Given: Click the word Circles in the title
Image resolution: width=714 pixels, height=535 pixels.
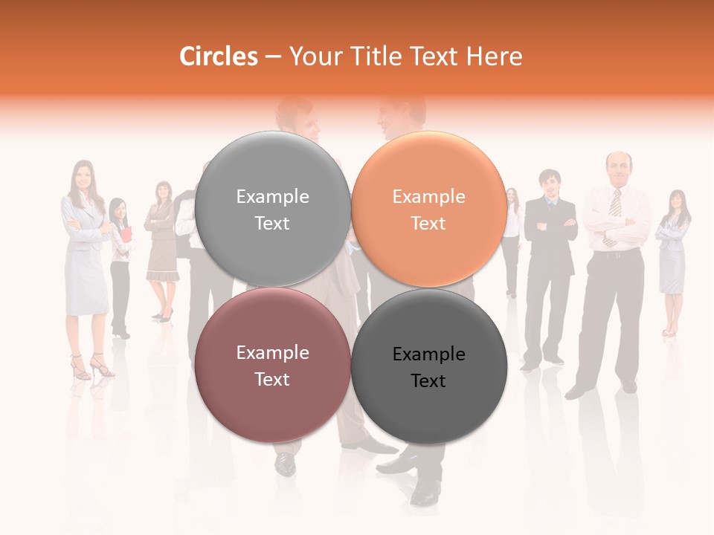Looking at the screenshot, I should click(x=218, y=56).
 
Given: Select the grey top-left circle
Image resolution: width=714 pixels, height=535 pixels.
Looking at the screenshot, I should click(x=272, y=209).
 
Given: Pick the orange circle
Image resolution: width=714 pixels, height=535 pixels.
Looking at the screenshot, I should click(x=428, y=209).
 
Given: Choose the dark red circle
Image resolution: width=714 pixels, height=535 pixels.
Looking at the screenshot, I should click(x=272, y=365).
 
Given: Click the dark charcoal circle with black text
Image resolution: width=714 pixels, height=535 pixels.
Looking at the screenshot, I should click(x=428, y=366).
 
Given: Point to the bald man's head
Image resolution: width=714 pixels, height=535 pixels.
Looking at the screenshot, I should click(x=617, y=167).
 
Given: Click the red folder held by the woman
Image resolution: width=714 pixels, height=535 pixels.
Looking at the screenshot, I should click(x=126, y=236).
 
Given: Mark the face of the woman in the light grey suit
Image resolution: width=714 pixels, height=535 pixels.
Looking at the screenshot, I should click(x=82, y=176).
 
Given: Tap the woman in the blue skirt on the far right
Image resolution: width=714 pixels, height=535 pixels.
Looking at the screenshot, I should click(x=673, y=253).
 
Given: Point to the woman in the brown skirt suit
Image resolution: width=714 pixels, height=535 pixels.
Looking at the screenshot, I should click(x=161, y=245).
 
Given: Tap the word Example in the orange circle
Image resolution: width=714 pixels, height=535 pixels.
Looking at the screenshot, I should click(x=428, y=196).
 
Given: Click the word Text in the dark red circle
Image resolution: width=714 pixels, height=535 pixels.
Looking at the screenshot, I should click(x=272, y=379).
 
